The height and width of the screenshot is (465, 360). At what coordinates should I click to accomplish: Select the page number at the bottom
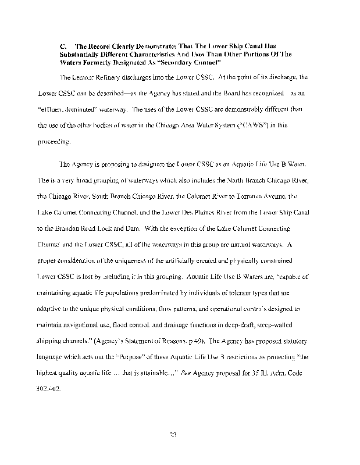(180, 433)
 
